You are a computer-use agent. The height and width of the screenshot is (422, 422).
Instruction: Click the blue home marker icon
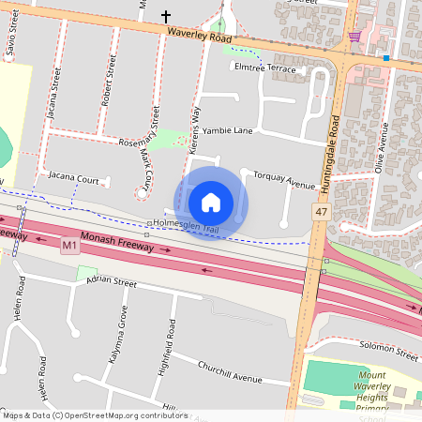coord(211,202)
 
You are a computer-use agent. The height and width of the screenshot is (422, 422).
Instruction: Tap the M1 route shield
coord(68,246)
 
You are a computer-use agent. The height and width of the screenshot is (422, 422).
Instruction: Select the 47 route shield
coord(321,214)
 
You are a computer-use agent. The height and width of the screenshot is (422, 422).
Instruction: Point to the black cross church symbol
coord(167,17)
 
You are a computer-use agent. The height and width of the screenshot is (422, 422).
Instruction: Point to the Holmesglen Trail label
coord(191,222)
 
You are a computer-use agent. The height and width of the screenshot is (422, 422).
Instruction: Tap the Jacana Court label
coord(74,177)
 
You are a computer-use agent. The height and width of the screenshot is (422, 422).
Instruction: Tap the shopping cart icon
coord(354,37)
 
